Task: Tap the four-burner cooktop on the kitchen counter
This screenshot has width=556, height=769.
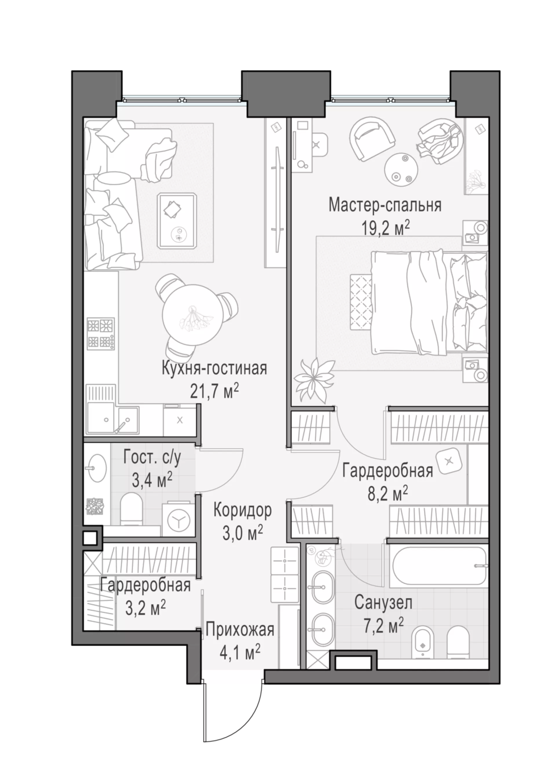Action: pyautogui.click(x=101, y=334)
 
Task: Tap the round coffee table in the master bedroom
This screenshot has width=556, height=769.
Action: pyautogui.click(x=401, y=169)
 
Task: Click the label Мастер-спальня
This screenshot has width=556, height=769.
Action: pyautogui.click(x=385, y=206)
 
